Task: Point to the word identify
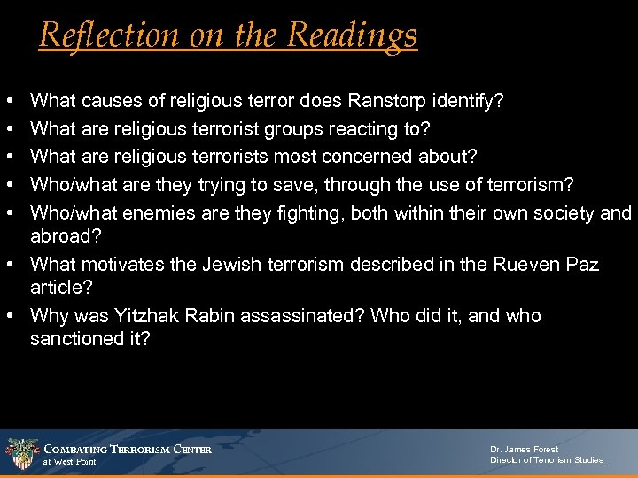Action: click(472, 102)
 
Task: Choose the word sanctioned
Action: click(75, 339)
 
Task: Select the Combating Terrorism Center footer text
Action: click(128, 449)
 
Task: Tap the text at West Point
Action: click(70, 462)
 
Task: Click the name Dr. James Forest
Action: click(525, 449)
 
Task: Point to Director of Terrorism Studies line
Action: click(547, 460)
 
